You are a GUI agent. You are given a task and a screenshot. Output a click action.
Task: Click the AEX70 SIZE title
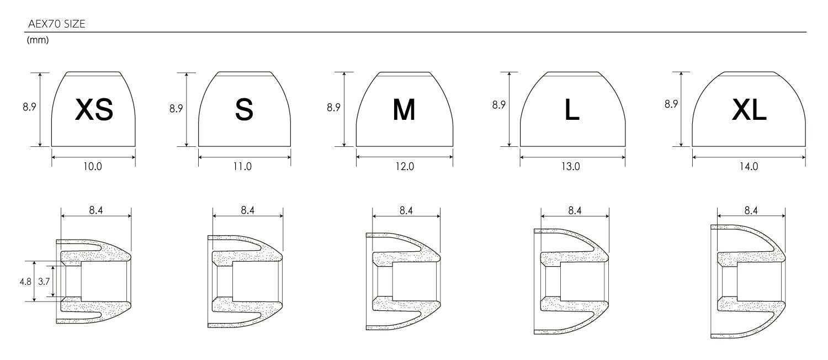pos(56,24)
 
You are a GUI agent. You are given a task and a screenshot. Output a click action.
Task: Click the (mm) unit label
pos(38,40)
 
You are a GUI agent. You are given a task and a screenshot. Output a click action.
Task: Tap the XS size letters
pos(94,110)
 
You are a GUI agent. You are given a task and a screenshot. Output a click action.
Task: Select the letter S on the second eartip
pos(245,110)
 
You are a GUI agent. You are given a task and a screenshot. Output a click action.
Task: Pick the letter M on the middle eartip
pos(404,110)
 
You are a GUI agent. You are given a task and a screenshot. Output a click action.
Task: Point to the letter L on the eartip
pos(572,110)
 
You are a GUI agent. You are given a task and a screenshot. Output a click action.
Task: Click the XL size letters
pos(749,110)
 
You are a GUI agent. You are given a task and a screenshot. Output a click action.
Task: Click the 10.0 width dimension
pos(92,167)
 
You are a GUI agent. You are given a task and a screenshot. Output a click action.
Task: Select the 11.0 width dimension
pos(242,167)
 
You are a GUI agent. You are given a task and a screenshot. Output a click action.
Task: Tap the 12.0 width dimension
pos(405,167)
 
